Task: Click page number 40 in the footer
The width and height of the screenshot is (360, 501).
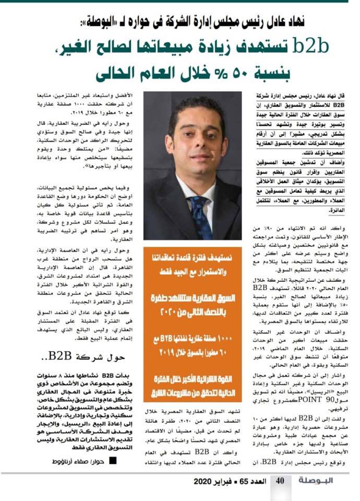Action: (x=280, y=481)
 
